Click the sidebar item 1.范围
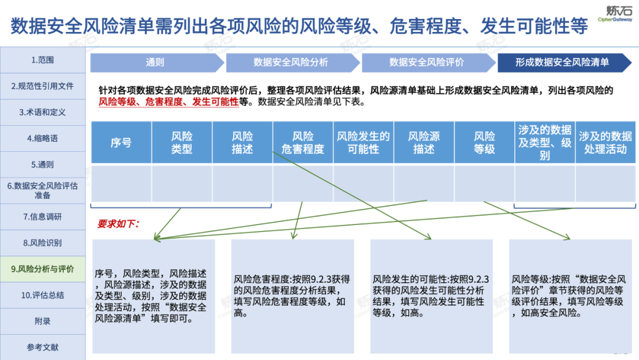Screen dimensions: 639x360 43,60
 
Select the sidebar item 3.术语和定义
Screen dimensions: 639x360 43,112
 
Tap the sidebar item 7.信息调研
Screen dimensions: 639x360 43,217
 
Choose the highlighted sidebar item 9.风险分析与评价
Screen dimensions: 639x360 43,269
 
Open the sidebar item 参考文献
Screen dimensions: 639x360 43,348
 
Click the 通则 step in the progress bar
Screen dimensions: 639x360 155,62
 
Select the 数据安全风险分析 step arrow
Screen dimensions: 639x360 291,62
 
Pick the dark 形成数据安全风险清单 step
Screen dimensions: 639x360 562,62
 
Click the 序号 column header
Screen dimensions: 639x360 121,143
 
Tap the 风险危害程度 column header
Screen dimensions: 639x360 303,143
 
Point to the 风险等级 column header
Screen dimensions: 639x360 485,143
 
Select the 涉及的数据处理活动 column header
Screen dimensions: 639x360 605,143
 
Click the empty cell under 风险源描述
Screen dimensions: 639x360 424,183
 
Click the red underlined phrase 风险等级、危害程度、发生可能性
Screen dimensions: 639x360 169,102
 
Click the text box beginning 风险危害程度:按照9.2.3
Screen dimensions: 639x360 293,295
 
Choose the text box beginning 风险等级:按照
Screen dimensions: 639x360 570,295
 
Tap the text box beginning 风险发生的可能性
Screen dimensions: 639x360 431,295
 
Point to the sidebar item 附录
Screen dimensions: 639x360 43,321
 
